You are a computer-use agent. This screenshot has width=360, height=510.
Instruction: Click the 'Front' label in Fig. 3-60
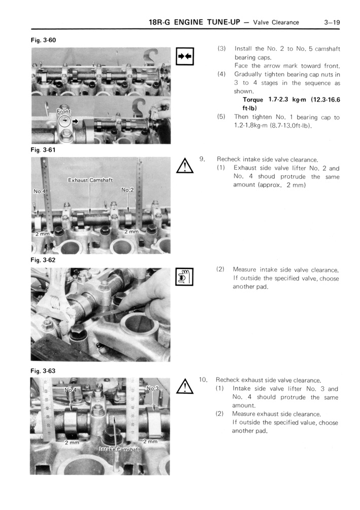[64, 111]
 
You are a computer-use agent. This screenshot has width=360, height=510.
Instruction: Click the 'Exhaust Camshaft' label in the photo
[90, 179]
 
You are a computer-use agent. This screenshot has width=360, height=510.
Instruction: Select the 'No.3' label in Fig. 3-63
[153, 388]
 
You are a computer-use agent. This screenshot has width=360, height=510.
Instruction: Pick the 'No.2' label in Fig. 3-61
[127, 189]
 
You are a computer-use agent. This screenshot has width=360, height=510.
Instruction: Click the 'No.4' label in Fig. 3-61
[40, 192]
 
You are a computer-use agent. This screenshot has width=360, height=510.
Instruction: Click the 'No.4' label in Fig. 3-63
[71, 390]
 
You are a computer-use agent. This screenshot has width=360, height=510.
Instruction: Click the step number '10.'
[203, 379]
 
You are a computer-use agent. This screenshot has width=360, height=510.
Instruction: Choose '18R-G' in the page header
[160, 22]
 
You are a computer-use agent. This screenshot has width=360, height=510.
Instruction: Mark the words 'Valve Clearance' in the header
[276, 22]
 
